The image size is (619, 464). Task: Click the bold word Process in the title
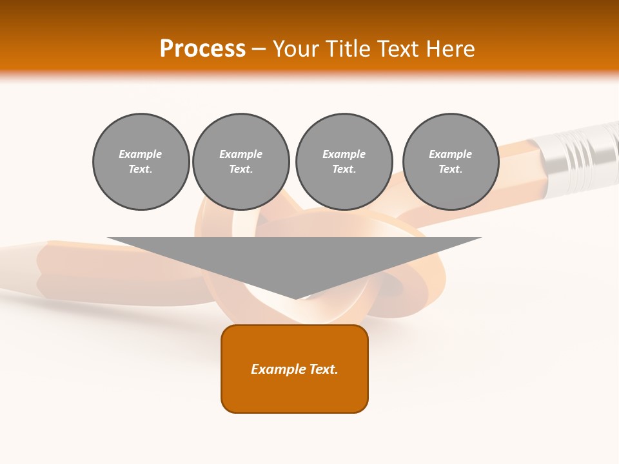click(x=202, y=49)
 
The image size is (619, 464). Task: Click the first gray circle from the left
click(x=141, y=162)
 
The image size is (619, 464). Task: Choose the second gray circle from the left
click(x=241, y=162)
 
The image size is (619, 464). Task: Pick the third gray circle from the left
click(x=344, y=162)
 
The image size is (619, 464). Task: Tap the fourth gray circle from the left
click(x=451, y=162)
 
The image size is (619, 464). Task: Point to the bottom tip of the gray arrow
click(x=295, y=298)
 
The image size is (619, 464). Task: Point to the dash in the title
click(x=259, y=49)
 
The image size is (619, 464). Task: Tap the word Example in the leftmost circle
click(x=141, y=154)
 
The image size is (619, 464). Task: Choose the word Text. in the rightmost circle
click(x=451, y=169)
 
